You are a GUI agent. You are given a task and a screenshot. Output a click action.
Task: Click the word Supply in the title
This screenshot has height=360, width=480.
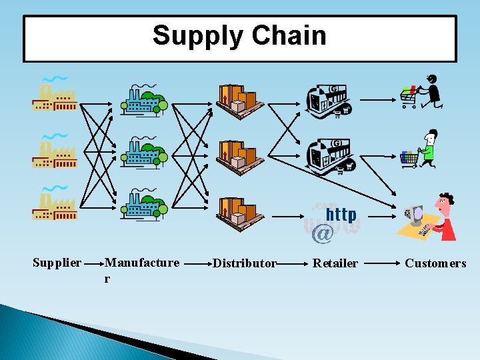click(x=195, y=35)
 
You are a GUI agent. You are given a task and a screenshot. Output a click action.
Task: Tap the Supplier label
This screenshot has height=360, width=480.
click(x=57, y=263)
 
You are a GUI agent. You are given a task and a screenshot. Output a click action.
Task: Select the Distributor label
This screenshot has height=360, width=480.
click(x=244, y=263)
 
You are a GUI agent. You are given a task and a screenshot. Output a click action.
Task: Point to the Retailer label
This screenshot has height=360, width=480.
click(x=335, y=263)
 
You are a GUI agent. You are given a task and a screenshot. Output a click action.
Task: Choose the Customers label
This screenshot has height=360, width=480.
click(x=435, y=263)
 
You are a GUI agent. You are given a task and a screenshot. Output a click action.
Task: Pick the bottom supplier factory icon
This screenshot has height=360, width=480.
click(x=55, y=204)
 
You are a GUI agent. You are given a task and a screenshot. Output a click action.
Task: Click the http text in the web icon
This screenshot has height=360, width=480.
click(x=341, y=215)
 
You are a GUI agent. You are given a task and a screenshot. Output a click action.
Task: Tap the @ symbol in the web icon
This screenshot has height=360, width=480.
click(x=323, y=233)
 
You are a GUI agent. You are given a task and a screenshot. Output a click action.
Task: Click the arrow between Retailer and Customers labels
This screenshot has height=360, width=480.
click(x=381, y=263)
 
